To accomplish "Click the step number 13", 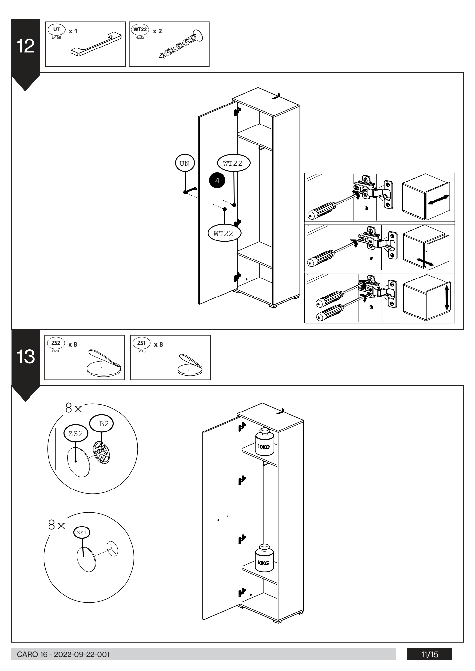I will tap(26, 357).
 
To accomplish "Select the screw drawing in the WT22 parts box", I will tap(180, 45).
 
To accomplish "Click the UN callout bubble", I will tap(185, 163).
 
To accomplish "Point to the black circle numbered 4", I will tap(217, 180).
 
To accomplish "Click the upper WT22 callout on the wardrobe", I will tap(233, 163).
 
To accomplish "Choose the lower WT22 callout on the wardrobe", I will tap(224, 234).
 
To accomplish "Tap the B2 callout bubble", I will tap(104, 424).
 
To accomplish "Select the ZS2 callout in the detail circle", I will tap(76, 434).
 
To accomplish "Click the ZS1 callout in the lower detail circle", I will tap(82, 532).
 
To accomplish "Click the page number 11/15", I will tap(429, 655).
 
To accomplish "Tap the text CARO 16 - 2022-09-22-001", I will tap(60, 655).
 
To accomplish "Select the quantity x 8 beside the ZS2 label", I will tap(73, 344).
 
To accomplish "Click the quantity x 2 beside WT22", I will tap(157, 31).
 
